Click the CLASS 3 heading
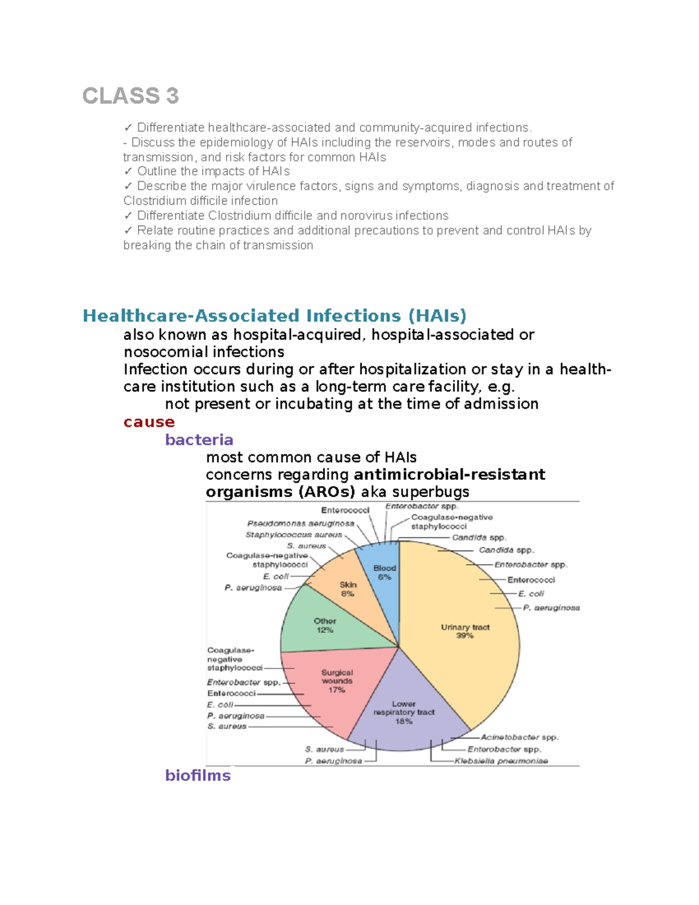click(130, 96)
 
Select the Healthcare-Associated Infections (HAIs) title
click(274, 316)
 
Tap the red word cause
click(149, 422)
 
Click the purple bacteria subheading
click(199, 439)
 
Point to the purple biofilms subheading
click(198, 775)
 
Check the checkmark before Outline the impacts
click(128, 171)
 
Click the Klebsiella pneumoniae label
click(501, 760)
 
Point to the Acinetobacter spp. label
click(519, 737)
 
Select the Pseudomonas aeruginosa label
click(301, 523)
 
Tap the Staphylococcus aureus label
click(294, 534)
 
